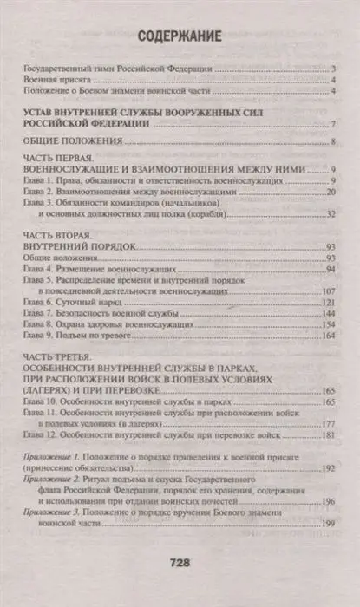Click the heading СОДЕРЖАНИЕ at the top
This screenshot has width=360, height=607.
179,36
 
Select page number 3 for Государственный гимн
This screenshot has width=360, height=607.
333,67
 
